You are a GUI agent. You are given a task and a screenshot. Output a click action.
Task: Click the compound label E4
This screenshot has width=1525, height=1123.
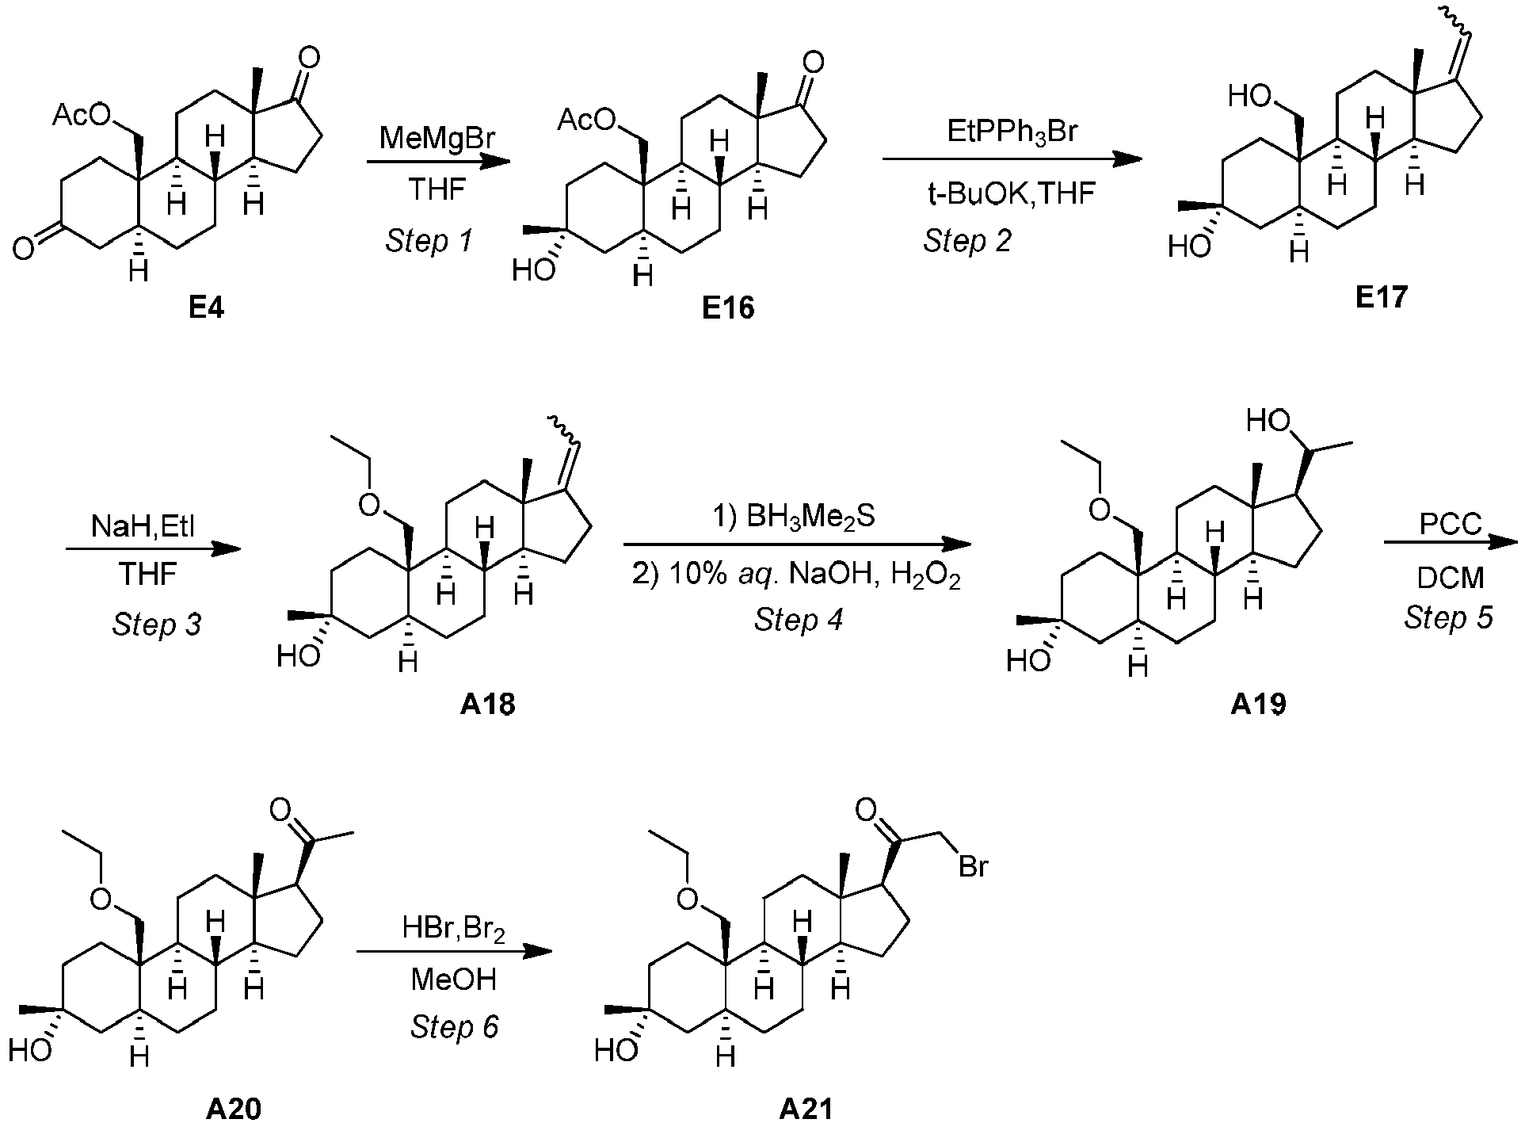click(x=206, y=307)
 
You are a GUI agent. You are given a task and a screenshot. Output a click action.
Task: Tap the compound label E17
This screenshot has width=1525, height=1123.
click(x=1382, y=296)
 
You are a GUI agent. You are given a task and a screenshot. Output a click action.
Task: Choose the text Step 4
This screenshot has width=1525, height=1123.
click(x=799, y=619)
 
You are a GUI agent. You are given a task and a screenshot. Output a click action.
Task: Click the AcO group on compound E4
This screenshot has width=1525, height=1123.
click(x=82, y=117)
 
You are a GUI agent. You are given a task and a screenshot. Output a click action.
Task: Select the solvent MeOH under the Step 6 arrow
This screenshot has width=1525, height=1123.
click(x=453, y=980)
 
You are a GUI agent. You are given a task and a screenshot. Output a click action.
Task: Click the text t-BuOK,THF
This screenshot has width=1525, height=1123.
click(x=1012, y=193)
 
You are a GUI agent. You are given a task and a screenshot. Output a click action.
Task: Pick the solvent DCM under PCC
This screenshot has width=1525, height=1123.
click(x=1450, y=578)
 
